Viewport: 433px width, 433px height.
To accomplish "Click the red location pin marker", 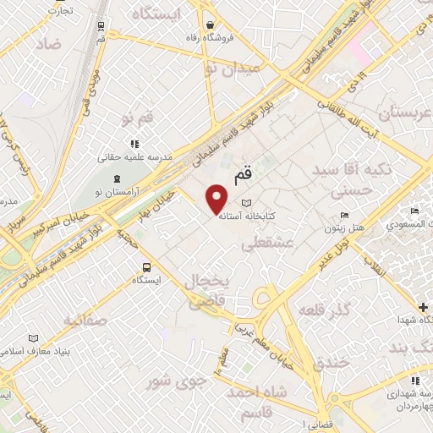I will point(216,199).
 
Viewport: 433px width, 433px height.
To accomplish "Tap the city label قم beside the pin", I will point(241,174).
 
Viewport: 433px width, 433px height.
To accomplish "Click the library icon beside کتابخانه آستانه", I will point(246,203).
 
